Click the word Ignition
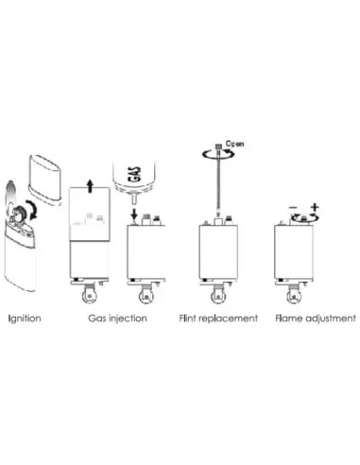pyautogui.click(x=25, y=319)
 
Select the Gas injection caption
pyautogui.click(x=117, y=319)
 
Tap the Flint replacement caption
pyautogui.click(x=218, y=319)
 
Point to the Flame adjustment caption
pyautogui.click(x=316, y=319)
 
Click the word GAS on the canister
pyautogui.click(x=135, y=174)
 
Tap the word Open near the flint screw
pyautogui.click(x=235, y=144)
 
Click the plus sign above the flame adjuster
pyautogui.click(x=315, y=207)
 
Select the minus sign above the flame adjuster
pyautogui.click(x=293, y=207)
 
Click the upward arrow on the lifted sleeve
pyautogui.click(x=91, y=186)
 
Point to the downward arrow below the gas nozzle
pyautogui.click(x=134, y=215)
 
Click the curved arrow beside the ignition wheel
pyautogui.click(x=32, y=209)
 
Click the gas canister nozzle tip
pyautogui.click(x=133, y=199)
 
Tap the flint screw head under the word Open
pyautogui.click(x=218, y=146)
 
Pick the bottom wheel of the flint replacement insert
pyautogui.click(x=218, y=297)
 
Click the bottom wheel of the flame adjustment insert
pyautogui.click(x=294, y=297)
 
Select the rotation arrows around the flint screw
pyautogui.click(x=218, y=154)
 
